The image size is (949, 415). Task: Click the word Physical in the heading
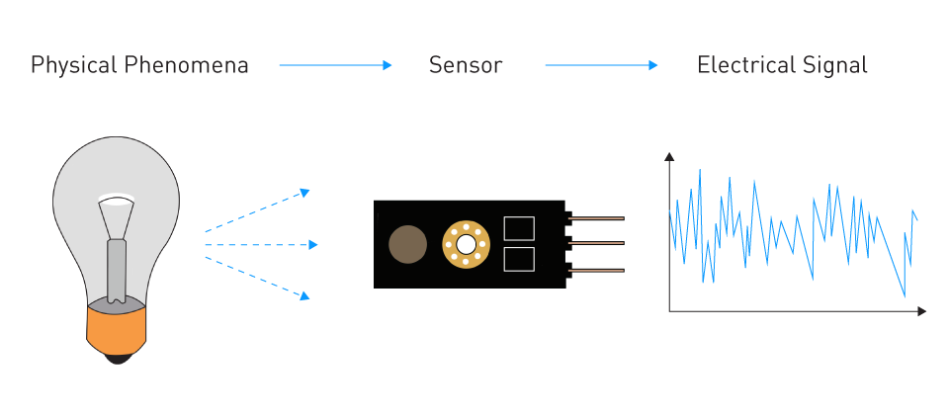pos(74,65)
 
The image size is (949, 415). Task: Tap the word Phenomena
pos(187,65)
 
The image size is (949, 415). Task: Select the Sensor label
pos(466,65)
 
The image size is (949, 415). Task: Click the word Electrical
pos(745,65)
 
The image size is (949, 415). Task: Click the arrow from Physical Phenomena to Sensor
pos(335,65)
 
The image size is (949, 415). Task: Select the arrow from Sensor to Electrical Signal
pos(601,65)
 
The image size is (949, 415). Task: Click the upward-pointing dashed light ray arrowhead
pos(305,193)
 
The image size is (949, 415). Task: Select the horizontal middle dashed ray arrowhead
pos(313,245)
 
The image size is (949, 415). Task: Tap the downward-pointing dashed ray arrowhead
pos(305,295)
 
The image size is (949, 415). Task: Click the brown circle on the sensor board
pos(407,244)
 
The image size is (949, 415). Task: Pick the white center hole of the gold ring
pos(466,244)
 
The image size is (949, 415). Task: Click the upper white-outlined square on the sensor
pos(519,228)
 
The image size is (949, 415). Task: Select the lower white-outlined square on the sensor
pos(519,260)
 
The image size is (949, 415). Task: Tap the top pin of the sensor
pos(595,217)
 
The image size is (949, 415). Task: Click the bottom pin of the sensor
pos(595,271)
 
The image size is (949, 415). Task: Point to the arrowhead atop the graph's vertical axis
pos(669,157)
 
